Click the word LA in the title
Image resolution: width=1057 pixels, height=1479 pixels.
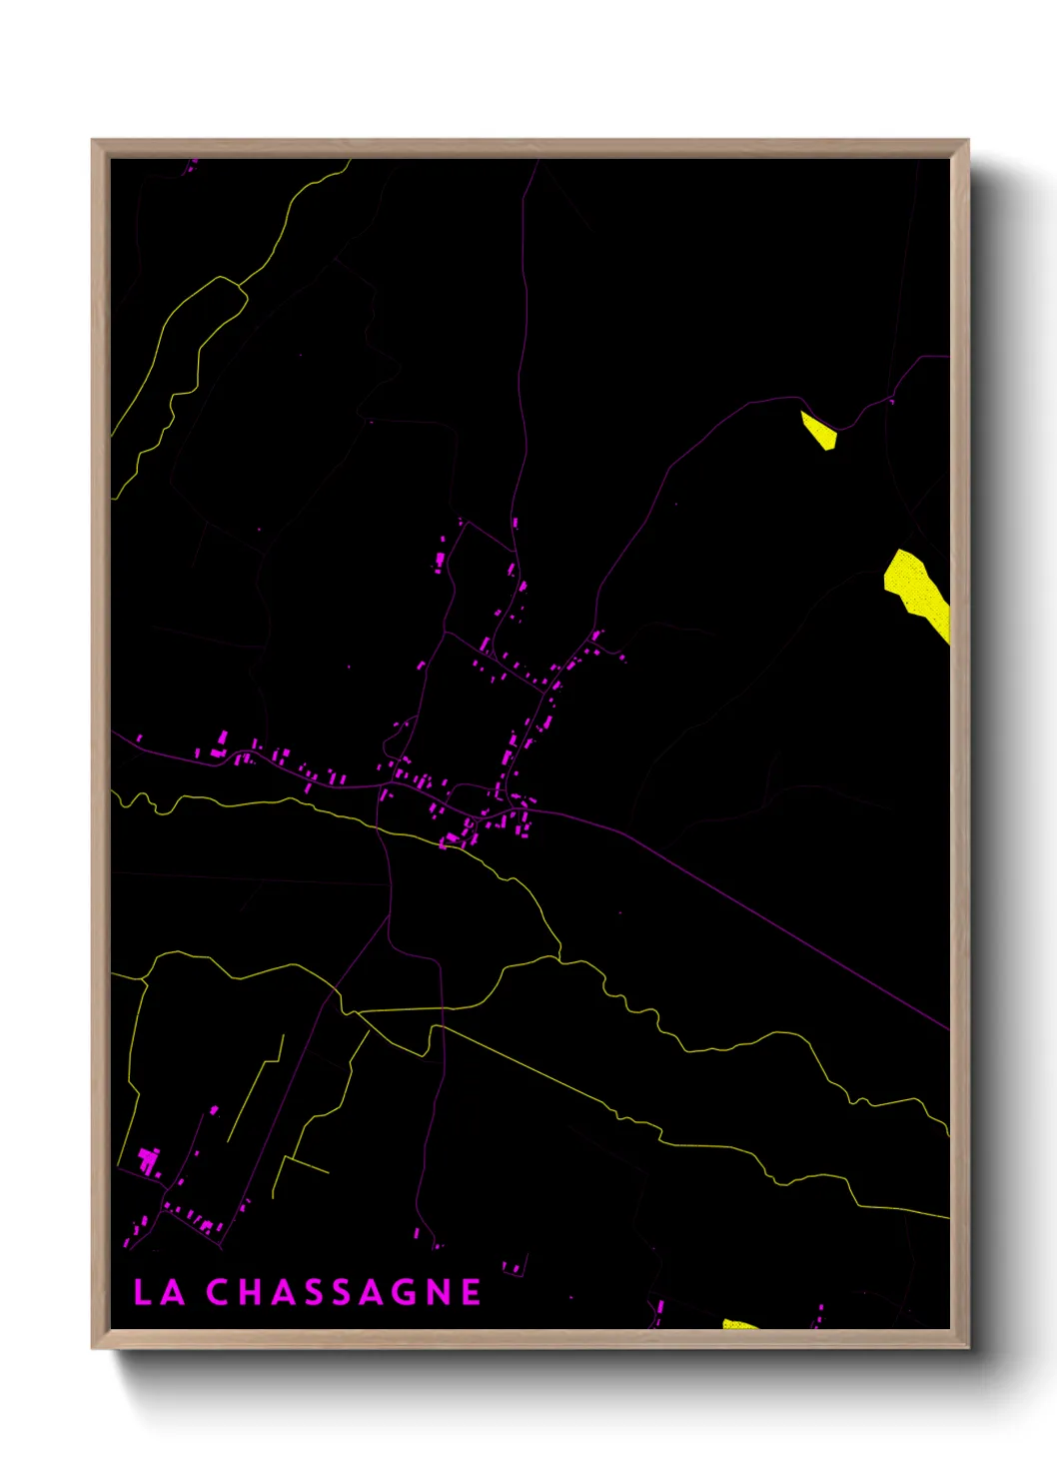(x=159, y=1292)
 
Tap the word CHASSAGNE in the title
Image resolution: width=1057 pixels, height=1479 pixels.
(x=344, y=1292)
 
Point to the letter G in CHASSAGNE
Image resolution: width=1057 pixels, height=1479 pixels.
(x=402, y=1292)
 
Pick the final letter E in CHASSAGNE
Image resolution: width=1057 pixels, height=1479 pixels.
(x=472, y=1292)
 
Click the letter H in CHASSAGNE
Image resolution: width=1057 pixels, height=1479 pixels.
(x=251, y=1292)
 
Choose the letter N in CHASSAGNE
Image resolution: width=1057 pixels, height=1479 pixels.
(x=438, y=1292)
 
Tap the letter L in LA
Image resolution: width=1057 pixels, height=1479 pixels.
(x=143, y=1292)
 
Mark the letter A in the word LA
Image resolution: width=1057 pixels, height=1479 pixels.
(x=172, y=1292)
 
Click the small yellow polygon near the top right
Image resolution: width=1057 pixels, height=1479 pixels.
(x=818, y=430)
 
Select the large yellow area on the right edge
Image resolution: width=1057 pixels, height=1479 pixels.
(x=917, y=590)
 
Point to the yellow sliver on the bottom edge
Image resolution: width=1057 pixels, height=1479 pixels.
(x=739, y=1325)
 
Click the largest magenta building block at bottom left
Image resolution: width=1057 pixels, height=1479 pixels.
(x=149, y=1160)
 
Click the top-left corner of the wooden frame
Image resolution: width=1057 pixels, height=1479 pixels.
(x=94, y=142)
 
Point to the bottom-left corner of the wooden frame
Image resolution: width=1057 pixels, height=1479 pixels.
(x=94, y=1346)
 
